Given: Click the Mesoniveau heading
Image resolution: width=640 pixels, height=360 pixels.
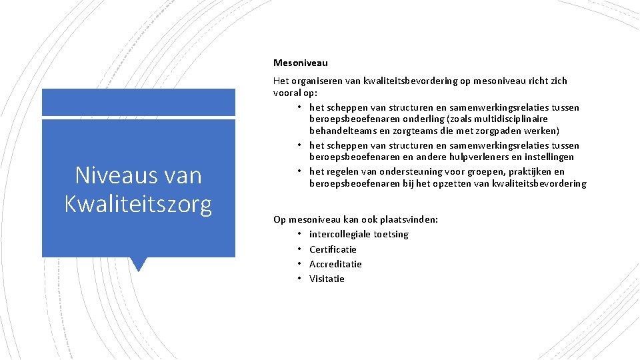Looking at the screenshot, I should click(x=300, y=63).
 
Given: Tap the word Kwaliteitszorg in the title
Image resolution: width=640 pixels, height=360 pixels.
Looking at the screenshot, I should click(x=138, y=203).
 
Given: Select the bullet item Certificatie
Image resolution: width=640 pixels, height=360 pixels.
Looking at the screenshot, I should click(x=333, y=249).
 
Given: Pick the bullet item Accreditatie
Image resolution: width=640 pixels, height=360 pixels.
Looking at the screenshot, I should click(x=335, y=264).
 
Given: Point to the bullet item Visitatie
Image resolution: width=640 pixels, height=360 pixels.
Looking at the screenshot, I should click(x=327, y=279).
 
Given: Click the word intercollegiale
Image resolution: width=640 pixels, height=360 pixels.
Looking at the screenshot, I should click(x=339, y=234).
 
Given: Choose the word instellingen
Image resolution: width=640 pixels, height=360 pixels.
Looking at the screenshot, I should click(x=549, y=157).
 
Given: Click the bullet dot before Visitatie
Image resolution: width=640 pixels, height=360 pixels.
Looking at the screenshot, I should click(x=301, y=279).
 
